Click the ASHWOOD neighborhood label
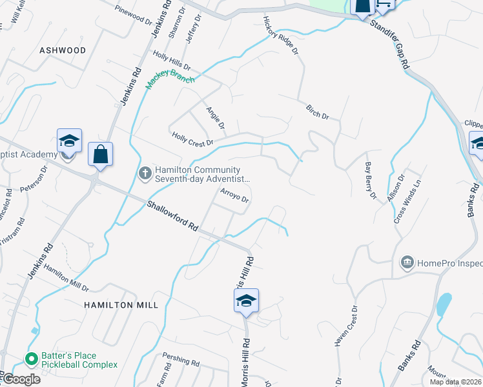[63, 50]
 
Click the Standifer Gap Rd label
[391, 45]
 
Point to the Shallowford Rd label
[172, 215]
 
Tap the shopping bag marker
[100, 155]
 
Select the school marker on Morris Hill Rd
[246, 301]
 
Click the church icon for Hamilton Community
[145, 172]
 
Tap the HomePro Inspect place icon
[407, 262]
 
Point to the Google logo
[21, 379]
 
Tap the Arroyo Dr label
[234, 195]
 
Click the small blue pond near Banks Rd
[444, 304]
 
